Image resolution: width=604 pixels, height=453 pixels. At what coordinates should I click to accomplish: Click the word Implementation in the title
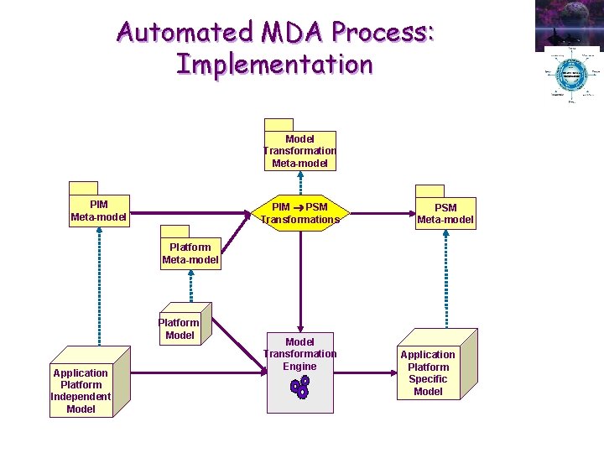(x=274, y=64)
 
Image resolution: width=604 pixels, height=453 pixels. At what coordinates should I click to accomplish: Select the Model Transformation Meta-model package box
(x=299, y=150)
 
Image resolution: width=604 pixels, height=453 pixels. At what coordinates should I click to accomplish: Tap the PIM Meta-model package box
(x=99, y=211)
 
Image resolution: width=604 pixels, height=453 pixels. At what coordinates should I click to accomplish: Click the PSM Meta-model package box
(x=445, y=213)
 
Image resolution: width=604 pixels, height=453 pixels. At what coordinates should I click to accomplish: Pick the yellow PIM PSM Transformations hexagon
(x=299, y=213)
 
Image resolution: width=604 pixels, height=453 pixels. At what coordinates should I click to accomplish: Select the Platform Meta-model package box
(x=190, y=253)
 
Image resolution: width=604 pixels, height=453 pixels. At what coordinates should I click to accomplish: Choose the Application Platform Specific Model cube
(x=430, y=372)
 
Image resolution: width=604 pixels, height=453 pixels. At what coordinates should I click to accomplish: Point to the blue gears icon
(x=299, y=387)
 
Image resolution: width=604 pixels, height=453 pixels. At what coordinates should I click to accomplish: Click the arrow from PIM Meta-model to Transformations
(x=190, y=213)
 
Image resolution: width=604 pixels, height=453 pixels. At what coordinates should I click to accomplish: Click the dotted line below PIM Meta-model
(x=99, y=285)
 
